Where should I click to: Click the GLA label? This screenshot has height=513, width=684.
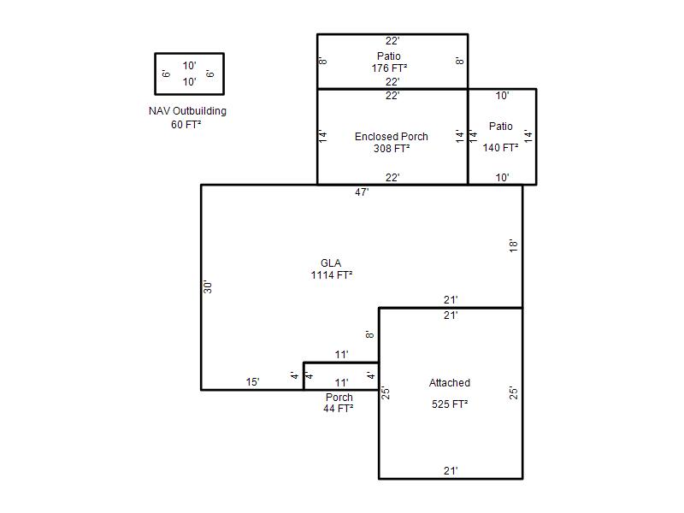point(331,263)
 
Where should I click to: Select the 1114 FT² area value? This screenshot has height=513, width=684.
point(332,275)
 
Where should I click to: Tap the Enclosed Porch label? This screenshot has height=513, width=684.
point(392,137)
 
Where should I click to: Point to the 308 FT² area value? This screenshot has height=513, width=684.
point(392,149)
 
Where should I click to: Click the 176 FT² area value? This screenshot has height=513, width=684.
point(390,68)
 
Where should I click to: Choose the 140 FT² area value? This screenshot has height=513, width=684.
point(500,148)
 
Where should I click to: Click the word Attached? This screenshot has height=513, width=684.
point(450,383)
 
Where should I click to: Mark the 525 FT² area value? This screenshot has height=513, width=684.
point(450,404)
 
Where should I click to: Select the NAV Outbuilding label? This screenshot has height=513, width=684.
point(187,111)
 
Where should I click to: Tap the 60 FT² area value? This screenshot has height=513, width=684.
point(186,125)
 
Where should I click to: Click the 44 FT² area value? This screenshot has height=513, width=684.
point(339,409)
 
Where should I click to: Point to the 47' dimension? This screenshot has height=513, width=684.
point(362,192)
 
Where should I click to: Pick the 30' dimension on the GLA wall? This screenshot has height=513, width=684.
point(208,286)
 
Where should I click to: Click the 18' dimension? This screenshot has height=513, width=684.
point(514,245)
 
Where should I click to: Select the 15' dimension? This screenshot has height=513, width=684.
point(252,382)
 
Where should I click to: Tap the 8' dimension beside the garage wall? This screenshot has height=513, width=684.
point(369,334)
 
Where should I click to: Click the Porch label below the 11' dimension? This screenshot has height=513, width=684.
point(339,398)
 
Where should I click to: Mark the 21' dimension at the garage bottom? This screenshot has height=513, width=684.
point(451,471)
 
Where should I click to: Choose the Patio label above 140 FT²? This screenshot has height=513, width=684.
point(501,127)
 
